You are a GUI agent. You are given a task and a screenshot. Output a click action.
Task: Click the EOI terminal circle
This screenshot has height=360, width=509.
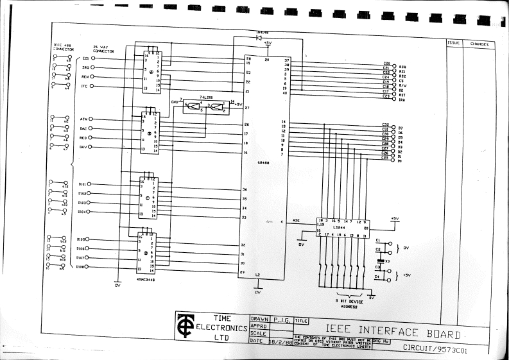point(93,58)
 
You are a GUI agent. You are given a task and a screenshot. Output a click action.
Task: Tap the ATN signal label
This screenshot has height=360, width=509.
point(83,119)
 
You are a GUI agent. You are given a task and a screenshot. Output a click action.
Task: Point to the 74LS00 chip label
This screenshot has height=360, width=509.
point(207,96)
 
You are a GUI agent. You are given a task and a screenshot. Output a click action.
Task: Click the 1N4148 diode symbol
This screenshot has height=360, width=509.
point(259,38)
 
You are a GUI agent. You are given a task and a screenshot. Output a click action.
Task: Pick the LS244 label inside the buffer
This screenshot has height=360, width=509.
point(338,228)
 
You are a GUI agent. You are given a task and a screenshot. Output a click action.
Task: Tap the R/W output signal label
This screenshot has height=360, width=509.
point(402,85)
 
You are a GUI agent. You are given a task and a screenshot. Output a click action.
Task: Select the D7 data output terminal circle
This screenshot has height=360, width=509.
point(393,128)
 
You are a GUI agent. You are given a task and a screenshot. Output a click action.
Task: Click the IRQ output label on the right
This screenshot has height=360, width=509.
point(402,99)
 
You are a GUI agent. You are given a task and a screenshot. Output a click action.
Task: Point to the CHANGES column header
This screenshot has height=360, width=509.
point(479,44)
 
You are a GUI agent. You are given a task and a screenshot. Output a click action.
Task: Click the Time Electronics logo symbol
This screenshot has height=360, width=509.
point(187,327)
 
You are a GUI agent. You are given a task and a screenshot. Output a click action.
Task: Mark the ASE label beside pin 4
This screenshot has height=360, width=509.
point(296,220)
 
